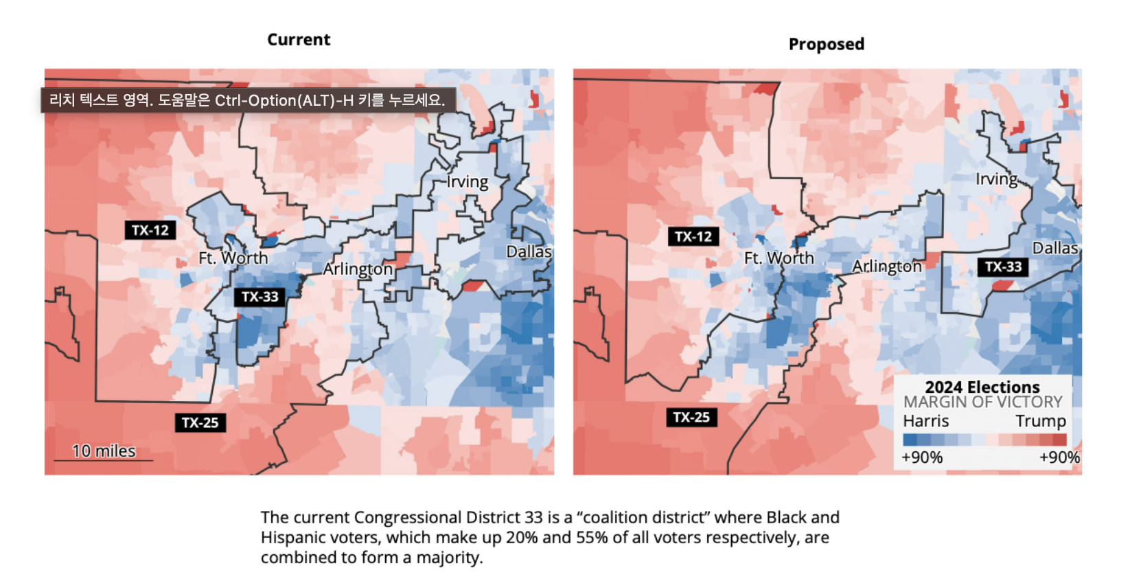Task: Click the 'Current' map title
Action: (x=299, y=40)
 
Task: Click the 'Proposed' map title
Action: (x=826, y=44)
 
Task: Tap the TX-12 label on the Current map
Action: (x=150, y=230)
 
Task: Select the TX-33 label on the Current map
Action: (x=260, y=297)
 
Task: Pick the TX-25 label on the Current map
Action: (x=200, y=422)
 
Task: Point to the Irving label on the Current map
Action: (x=468, y=182)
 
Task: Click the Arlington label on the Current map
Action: (x=358, y=269)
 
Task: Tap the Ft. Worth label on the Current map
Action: (x=233, y=258)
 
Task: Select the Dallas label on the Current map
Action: (x=529, y=252)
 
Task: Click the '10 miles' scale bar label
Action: (x=104, y=451)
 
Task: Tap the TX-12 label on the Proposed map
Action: (x=693, y=237)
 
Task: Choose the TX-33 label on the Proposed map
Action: (x=1003, y=266)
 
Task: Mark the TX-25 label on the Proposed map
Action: (x=691, y=417)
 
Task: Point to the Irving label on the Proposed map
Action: (x=997, y=179)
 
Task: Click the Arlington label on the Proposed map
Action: (x=887, y=266)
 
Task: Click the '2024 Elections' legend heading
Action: (x=982, y=387)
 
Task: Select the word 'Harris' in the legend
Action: (x=925, y=421)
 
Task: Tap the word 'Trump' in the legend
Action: (x=1041, y=421)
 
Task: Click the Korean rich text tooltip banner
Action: (x=248, y=100)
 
